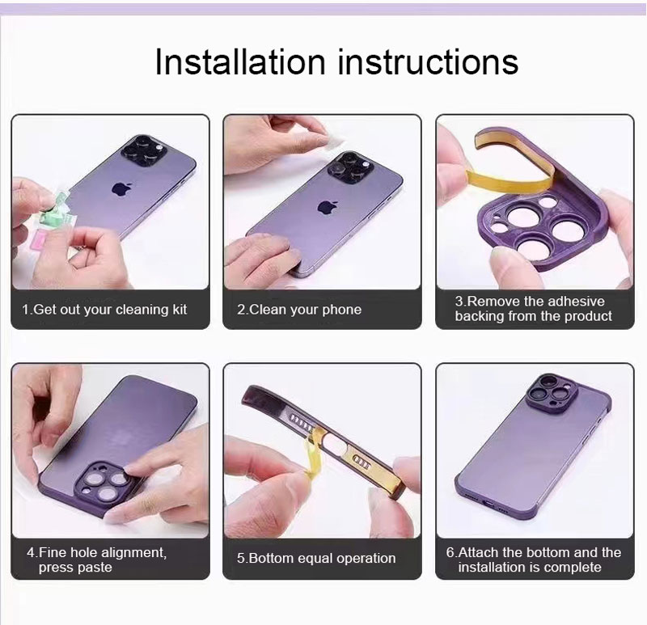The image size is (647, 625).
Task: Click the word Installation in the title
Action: pos(240,61)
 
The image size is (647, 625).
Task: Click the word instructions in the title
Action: pos(428,61)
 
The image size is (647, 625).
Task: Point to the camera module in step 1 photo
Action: pos(144,150)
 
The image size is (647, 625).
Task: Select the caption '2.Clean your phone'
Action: pos(299,310)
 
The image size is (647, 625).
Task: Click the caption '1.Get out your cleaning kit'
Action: pos(104,310)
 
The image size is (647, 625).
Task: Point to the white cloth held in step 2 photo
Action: pos(332,140)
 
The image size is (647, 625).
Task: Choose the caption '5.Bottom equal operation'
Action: pos(316,558)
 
